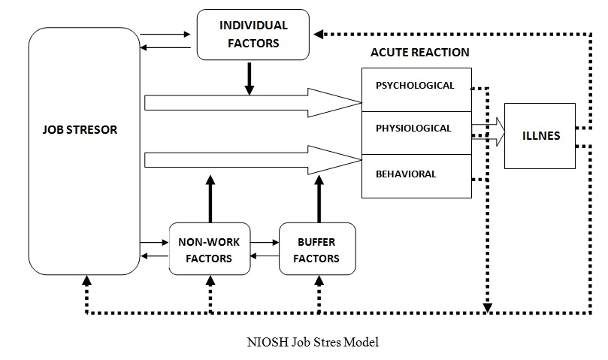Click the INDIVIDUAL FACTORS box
click(253, 35)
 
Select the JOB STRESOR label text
click(80, 129)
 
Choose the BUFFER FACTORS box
click(316, 250)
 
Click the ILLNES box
click(540, 136)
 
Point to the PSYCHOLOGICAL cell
click(416, 86)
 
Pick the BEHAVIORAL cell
click(406, 174)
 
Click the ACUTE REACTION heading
click(419, 53)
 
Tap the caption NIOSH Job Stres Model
click(313, 342)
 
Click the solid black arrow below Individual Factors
click(249, 80)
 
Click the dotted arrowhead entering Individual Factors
click(319, 34)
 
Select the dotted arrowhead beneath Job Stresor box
click(85, 283)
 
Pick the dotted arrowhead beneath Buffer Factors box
click(320, 282)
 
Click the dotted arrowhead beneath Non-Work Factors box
click(210, 282)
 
